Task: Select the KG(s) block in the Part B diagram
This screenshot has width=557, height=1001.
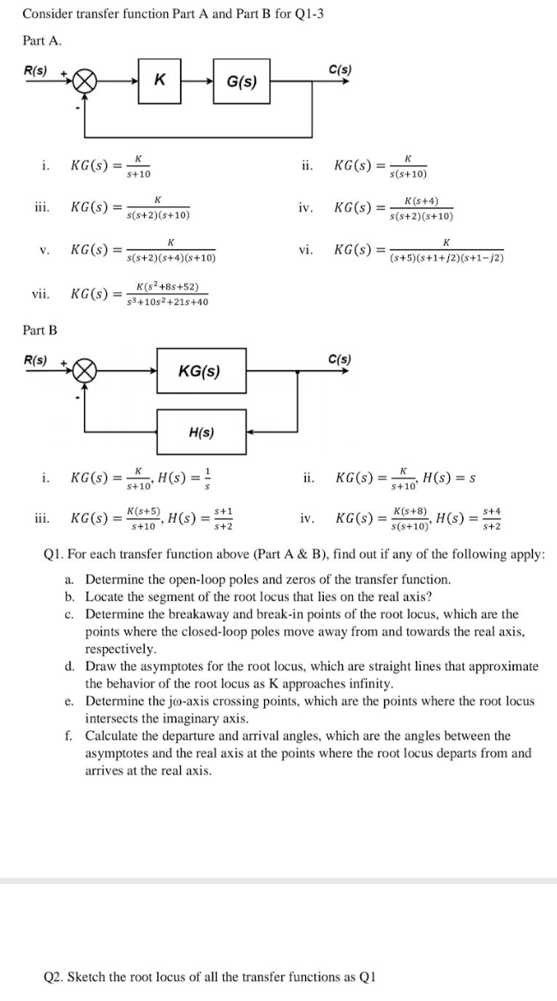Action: coord(200,371)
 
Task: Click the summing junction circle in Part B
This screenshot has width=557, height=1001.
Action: coord(84,371)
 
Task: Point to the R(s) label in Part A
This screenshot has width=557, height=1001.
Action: coord(35,69)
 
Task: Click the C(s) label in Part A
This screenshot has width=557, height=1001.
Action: coord(339,69)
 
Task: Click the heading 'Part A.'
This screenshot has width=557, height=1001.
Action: coord(41,40)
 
